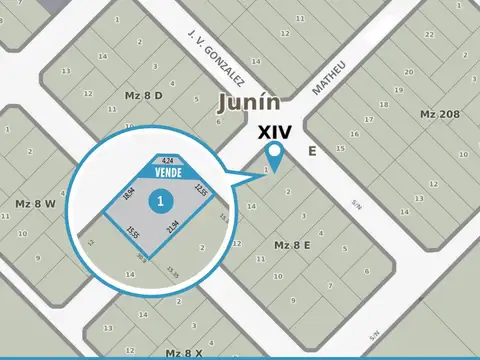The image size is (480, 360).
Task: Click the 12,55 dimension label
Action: pyautogui.click(x=200, y=190)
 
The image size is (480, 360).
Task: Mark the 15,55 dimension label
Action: pyautogui.click(x=132, y=232)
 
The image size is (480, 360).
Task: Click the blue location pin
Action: pyautogui.click(x=275, y=154)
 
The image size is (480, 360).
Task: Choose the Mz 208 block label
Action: pyautogui.click(x=440, y=114)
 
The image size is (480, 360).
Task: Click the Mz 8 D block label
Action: pyautogui.click(x=142, y=96)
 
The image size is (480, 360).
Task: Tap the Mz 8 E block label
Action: pyautogui.click(x=292, y=244)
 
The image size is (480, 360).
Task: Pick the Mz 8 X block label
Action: pyautogui.click(x=184, y=352)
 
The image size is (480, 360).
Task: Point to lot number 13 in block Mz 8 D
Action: pyautogui.click(x=66, y=71)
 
